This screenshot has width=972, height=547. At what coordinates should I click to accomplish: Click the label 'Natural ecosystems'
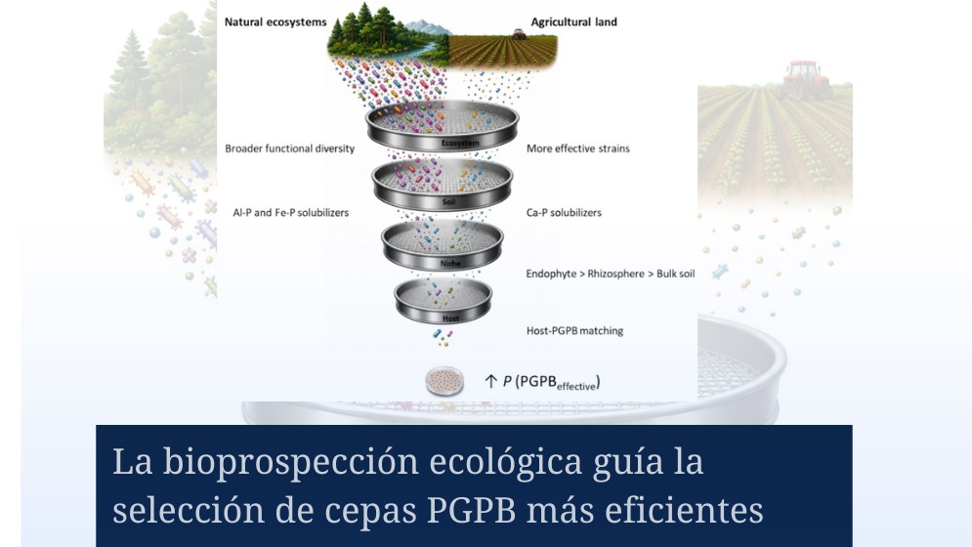[x=275, y=22]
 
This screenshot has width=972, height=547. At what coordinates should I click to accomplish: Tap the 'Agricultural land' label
[x=574, y=22]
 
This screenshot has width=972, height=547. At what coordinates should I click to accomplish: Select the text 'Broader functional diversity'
[x=289, y=148]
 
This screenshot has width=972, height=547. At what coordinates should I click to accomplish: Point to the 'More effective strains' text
[x=577, y=148]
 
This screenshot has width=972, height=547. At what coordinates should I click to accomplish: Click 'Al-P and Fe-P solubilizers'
[x=291, y=213]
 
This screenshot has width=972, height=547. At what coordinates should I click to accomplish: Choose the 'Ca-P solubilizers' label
[x=564, y=213]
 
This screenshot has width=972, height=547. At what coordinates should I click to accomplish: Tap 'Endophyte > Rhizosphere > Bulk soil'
[x=611, y=273]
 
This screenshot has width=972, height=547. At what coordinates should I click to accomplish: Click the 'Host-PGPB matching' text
[x=574, y=331]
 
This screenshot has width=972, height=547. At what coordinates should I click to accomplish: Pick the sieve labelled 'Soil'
[x=442, y=186]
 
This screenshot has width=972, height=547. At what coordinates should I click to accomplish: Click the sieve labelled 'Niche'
[x=442, y=246]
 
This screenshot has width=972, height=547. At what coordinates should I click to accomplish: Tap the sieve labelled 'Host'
[x=443, y=302]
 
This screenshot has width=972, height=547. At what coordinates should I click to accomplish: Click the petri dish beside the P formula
[x=444, y=381]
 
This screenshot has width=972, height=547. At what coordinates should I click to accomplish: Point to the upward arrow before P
[x=491, y=381]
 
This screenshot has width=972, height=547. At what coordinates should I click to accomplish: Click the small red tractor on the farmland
[x=519, y=33]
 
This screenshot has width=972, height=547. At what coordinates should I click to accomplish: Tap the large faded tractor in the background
[x=804, y=79]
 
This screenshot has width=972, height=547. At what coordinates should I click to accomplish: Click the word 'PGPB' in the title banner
[x=471, y=511]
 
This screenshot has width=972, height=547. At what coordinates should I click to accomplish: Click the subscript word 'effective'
[x=576, y=387]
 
